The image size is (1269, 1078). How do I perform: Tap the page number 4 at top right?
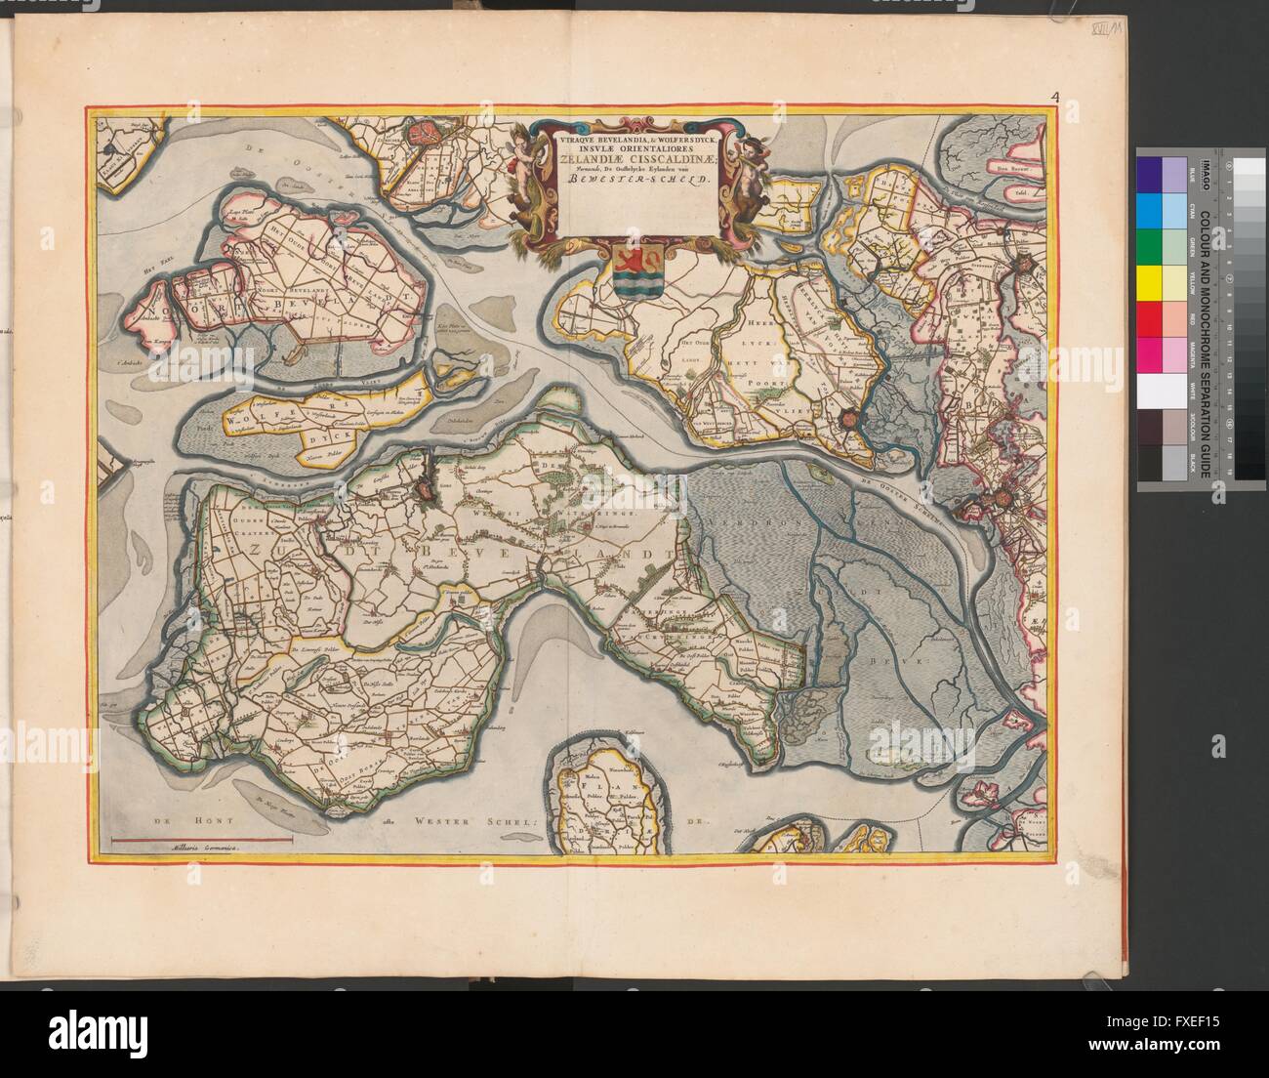pos(1055,96)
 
